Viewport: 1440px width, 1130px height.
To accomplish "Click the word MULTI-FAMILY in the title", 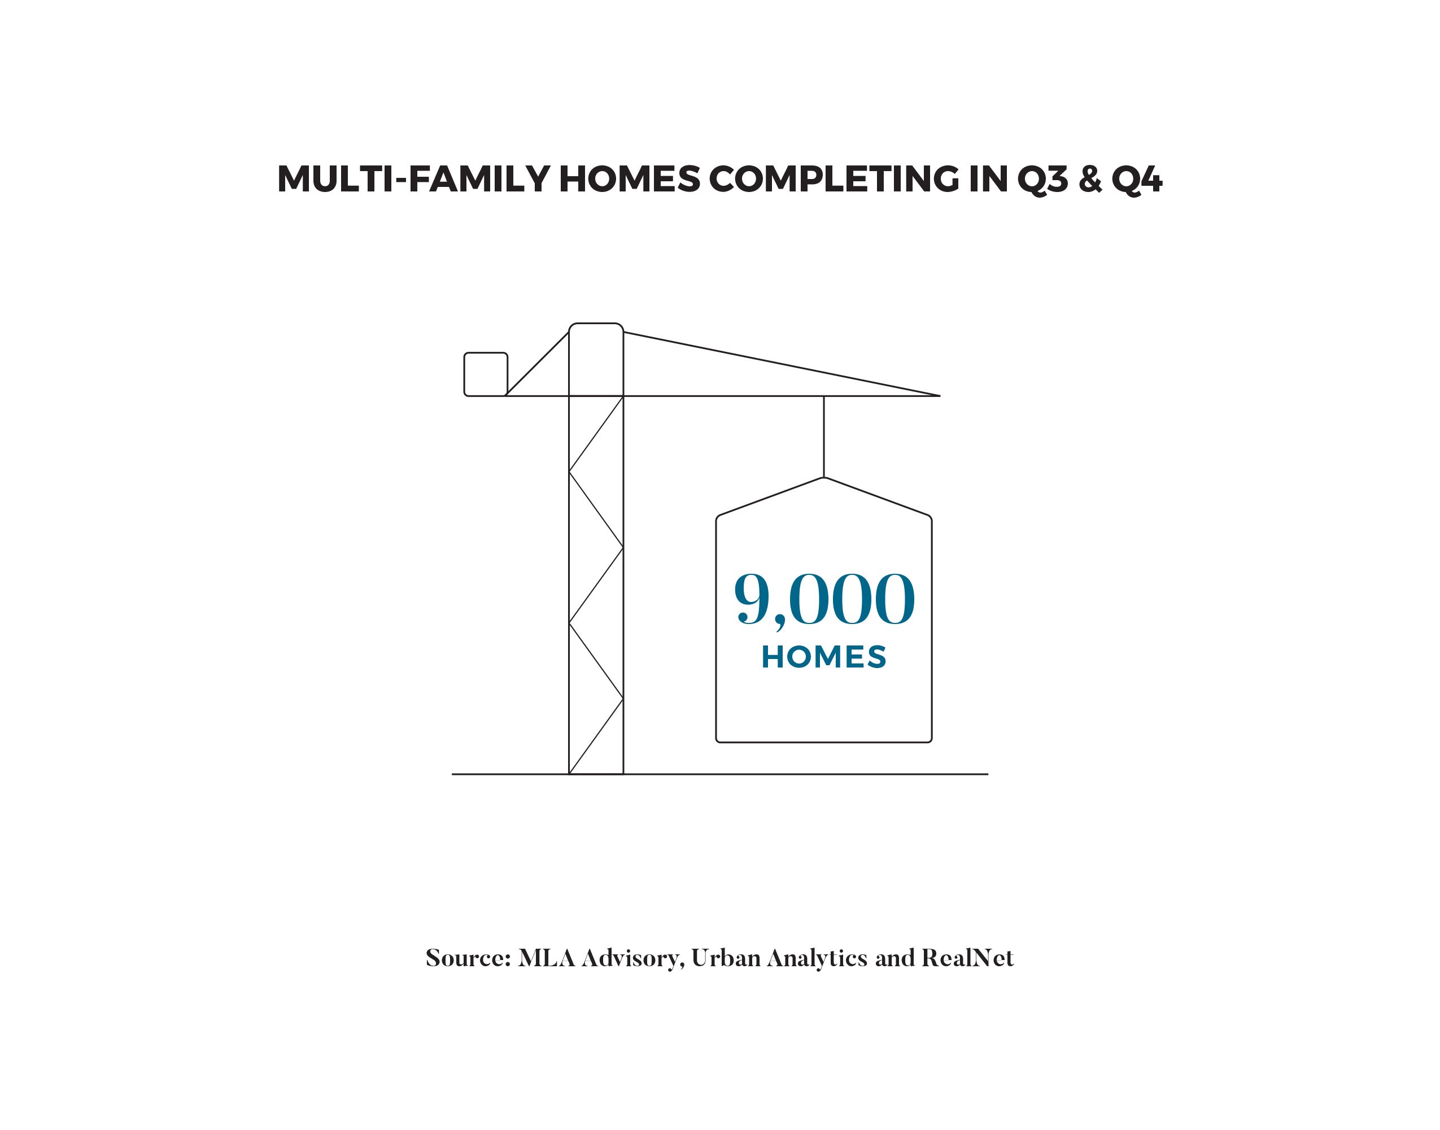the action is tap(413, 179).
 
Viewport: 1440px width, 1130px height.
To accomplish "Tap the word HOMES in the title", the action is tap(629, 179).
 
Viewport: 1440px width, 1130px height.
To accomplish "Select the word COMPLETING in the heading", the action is tap(834, 179).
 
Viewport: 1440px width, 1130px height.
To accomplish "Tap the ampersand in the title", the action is tap(1090, 179).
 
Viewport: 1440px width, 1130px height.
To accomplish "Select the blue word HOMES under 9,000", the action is tap(823, 657).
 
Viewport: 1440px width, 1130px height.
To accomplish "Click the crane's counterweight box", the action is tap(486, 374).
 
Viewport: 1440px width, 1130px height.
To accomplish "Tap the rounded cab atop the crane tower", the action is tap(596, 359).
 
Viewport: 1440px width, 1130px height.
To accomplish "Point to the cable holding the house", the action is tap(823, 437).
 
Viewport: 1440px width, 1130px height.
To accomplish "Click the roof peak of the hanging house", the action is tap(823, 478).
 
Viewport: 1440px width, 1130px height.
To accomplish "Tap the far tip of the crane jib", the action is tap(939, 396).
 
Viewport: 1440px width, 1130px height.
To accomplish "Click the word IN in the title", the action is tap(988, 179).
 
